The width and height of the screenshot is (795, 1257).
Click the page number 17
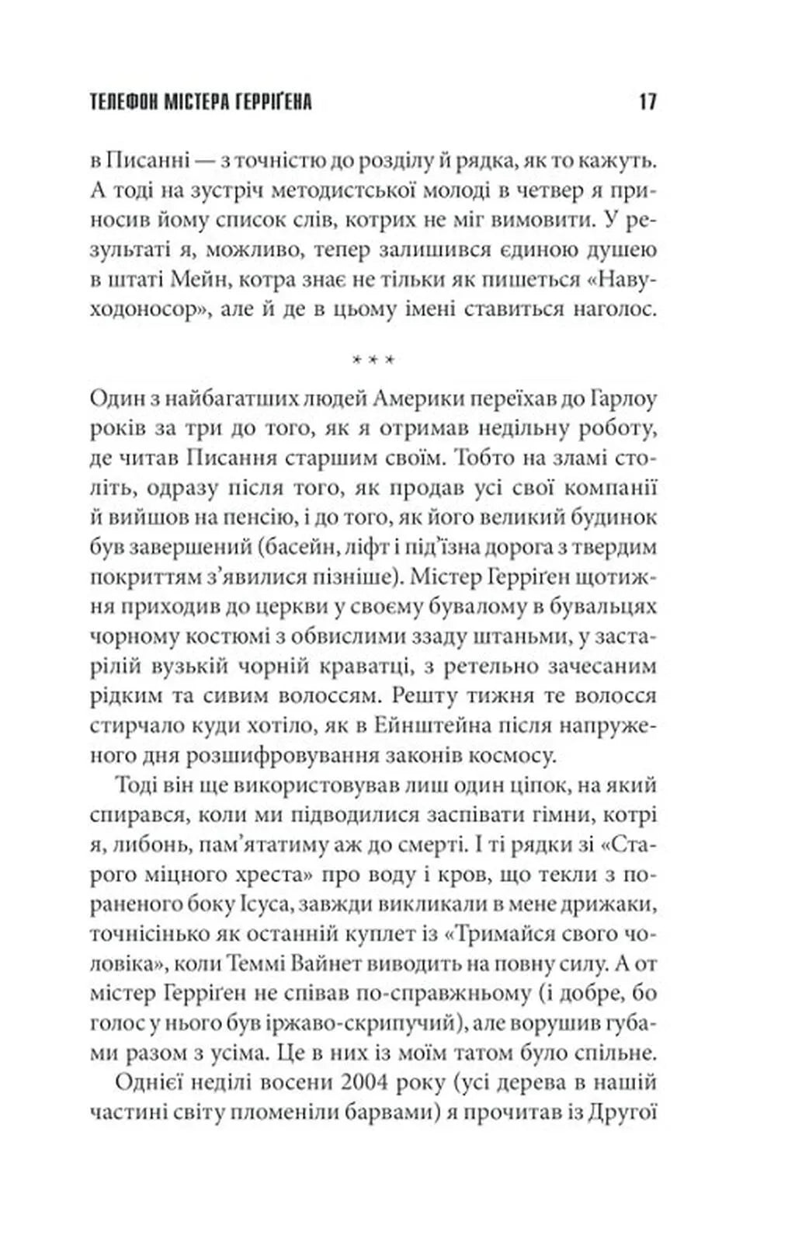(647, 102)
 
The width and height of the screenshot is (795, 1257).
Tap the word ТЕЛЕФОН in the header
(123, 102)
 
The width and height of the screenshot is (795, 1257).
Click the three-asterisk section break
(373, 360)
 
